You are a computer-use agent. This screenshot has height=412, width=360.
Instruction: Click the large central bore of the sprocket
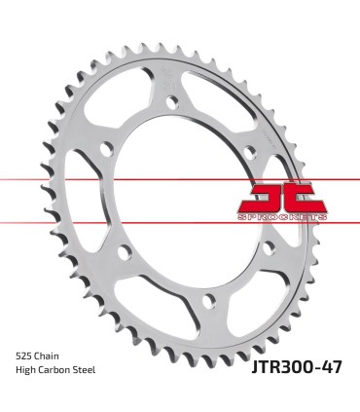[180, 195]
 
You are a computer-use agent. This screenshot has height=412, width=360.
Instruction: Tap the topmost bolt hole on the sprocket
[173, 99]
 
